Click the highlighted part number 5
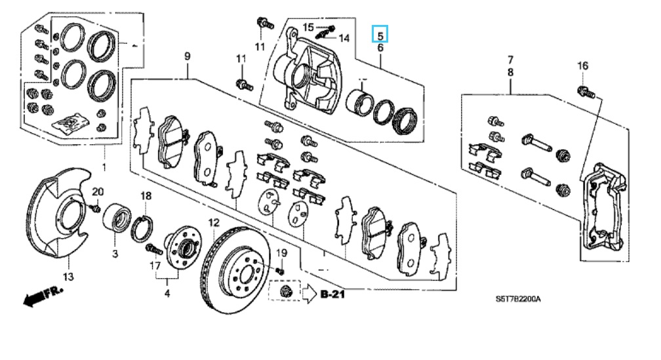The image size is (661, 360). click(x=380, y=33)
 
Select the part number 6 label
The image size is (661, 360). click(x=380, y=48)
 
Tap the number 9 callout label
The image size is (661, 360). click(x=188, y=57)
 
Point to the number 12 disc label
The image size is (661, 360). click(x=213, y=223)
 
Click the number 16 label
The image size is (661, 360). click(x=583, y=66)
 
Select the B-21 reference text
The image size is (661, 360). click(x=333, y=296)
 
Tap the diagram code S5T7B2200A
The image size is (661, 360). click(x=518, y=299)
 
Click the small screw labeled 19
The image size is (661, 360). click(x=281, y=270)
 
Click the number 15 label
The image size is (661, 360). click(x=309, y=27)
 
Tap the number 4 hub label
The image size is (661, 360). click(x=167, y=293)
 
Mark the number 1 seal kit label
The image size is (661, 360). click(x=103, y=169)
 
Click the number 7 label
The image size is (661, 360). click(x=511, y=61)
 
